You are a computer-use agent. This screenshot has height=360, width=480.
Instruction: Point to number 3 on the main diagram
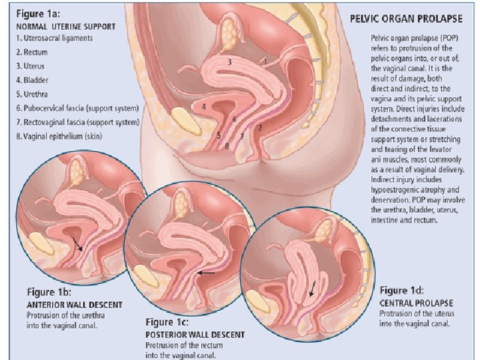point(229,61)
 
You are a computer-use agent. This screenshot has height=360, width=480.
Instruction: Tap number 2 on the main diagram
point(260,127)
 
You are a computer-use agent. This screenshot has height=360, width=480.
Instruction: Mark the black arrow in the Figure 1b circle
point(78,244)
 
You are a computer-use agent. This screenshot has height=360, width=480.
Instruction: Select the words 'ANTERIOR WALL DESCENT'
point(74,305)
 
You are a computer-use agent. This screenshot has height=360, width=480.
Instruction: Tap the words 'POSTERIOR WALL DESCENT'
point(195,334)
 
